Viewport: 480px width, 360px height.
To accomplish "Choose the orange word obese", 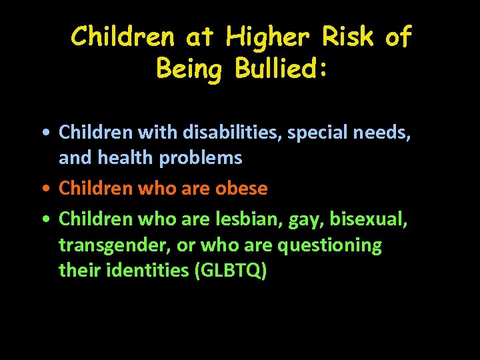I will [241, 189].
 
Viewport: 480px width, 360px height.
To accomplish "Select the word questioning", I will [330, 245].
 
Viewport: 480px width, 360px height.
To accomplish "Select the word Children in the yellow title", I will [125, 37].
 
